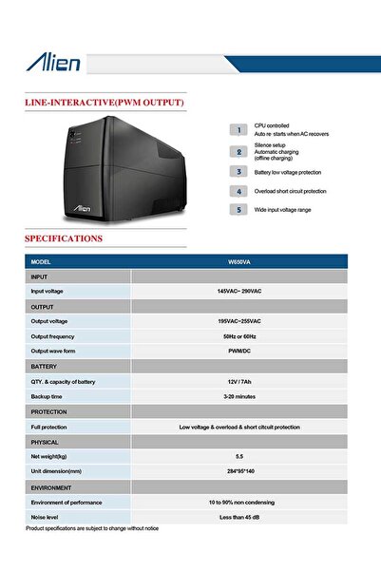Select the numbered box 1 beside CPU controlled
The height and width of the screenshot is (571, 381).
point(239,129)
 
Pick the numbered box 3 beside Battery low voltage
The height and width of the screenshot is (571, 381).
point(239,172)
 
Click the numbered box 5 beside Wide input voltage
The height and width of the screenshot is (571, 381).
point(239,209)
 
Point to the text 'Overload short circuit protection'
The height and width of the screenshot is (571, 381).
point(290,191)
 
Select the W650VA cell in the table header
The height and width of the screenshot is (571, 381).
point(239,261)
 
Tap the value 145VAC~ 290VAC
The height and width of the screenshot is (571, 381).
point(239,291)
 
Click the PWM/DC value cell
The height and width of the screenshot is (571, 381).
point(239,352)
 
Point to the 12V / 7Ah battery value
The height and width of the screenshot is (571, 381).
point(239,381)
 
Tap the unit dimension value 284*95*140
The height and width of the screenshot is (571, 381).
point(239,471)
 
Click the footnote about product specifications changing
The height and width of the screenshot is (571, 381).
point(92,527)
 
